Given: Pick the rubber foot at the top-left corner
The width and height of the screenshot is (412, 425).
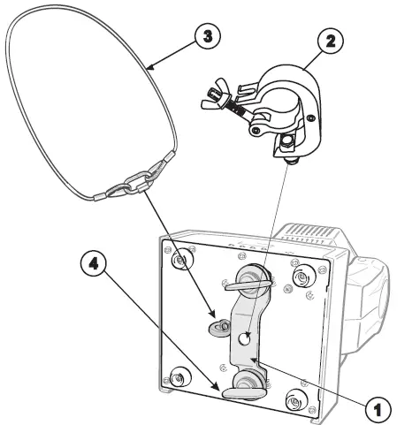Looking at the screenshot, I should tap(183, 262).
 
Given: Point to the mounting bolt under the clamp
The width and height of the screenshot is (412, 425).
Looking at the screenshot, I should tap(288, 158).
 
